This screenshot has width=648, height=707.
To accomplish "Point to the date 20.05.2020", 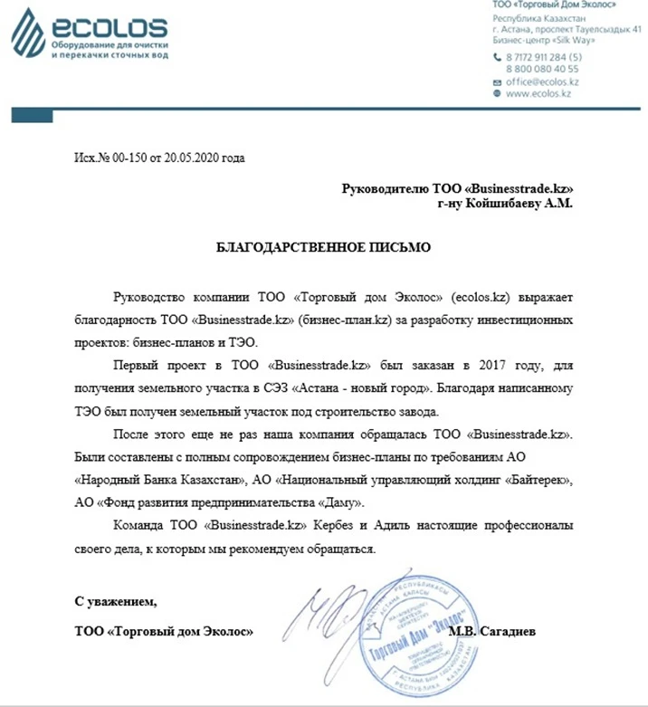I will pyautogui.click(x=191, y=158).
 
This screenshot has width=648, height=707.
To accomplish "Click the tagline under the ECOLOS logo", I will pyautogui.click(x=110, y=49).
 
